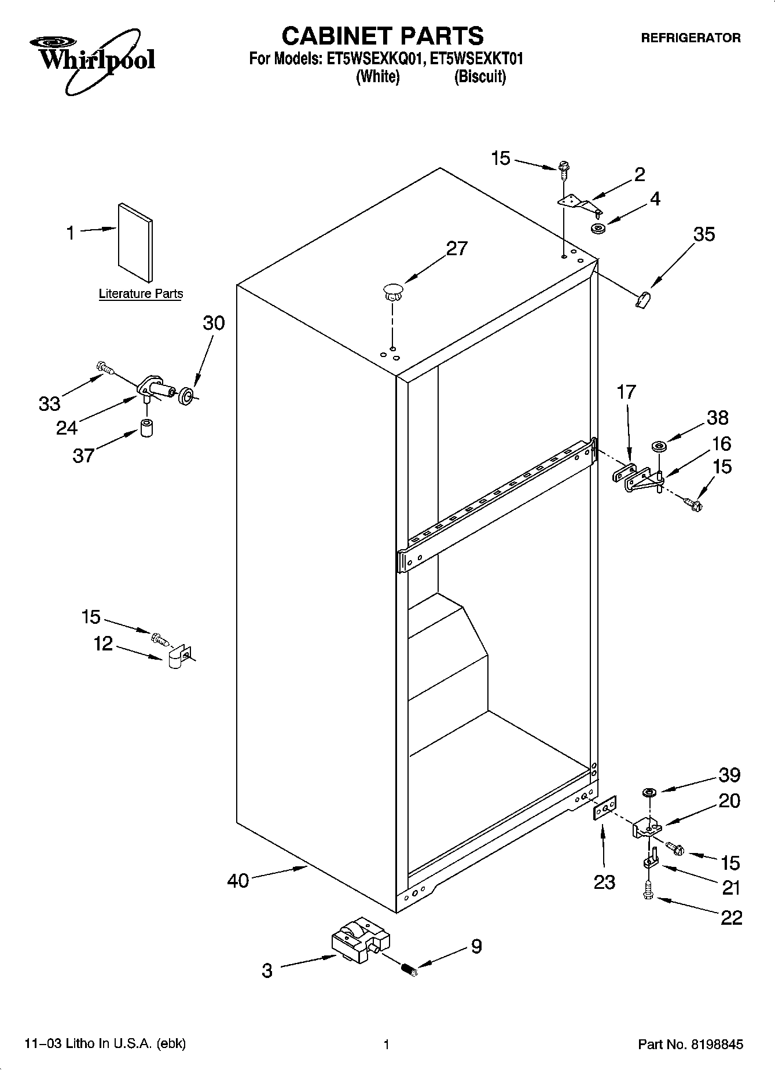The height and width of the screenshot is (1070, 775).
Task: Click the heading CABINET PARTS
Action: (382, 36)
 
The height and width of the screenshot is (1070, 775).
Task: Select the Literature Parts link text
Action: (141, 293)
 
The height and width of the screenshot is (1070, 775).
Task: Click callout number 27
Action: (456, 248)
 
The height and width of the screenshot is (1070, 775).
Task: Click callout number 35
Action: (704, 234)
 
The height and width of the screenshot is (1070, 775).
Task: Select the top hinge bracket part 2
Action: (578, 203)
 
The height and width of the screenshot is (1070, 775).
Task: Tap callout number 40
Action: (238, 881)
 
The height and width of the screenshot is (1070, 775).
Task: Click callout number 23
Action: (604, 882)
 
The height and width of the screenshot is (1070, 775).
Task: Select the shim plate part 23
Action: (604, 808)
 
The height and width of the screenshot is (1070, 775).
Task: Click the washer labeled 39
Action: (648, 792)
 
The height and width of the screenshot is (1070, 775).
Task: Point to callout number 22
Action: (731, 918)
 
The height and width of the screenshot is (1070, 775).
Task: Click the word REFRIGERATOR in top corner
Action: (690, 38)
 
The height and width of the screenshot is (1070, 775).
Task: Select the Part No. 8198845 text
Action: (690, 1044)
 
